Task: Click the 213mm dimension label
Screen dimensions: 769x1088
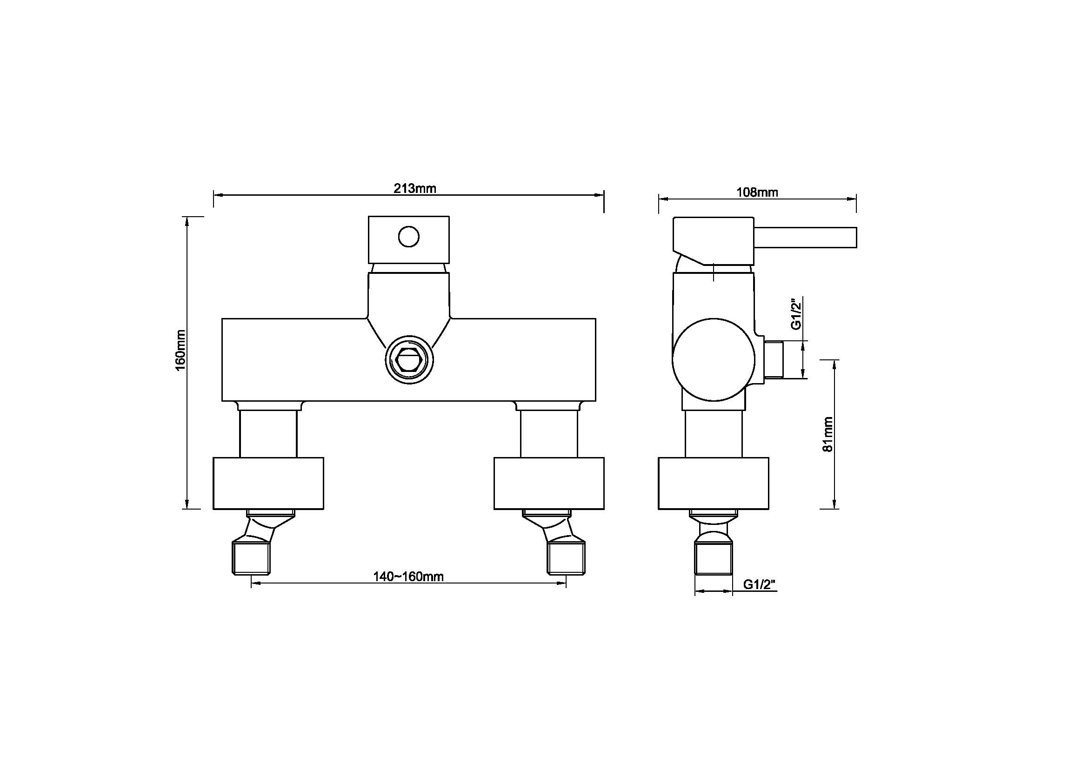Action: pyautogui.click(x=414, y=188)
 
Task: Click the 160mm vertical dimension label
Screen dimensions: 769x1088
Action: pyautogui.click(x=181, y=351)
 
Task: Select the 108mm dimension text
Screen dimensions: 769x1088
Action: pyautogui.click(x=757, y=192)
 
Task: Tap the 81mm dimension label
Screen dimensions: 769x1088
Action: pyautogui.click(x=828, y=434)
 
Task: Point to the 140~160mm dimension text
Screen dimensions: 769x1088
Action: pyautogui.click(x=408, y=576)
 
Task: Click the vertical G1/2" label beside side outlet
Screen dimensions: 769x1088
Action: pyautogui.click(x=796, y=313)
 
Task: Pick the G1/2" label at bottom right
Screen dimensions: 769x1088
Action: pyautogui.click(x=760, y=584)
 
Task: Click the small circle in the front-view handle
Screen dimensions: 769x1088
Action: pyautogui.click(x=408, y=237)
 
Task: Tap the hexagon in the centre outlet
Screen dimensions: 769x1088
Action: pyautogui.click(x=409, y=360)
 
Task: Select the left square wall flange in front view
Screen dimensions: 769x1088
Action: pyautogui.click(x=268, y=483)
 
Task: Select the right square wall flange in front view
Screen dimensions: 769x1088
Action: pyautogui.click(x=549, y=483)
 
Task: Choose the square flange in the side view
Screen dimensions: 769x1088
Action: pyautogui.click(x=713, y=483)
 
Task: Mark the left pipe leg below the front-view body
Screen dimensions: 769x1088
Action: pyautogui.click(x=268, y=433)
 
